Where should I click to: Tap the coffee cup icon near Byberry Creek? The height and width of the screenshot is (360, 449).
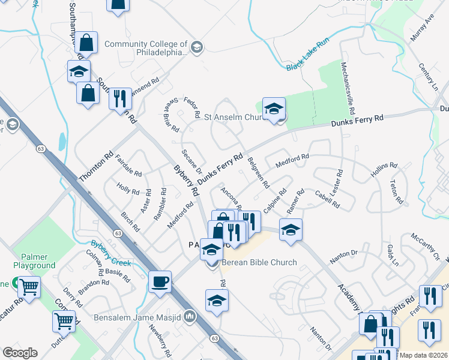160,281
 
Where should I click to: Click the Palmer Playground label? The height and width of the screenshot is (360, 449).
34,261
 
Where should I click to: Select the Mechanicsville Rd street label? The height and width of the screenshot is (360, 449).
346,88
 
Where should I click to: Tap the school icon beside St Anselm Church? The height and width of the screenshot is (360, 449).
274,109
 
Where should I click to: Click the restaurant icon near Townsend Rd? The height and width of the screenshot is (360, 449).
120,97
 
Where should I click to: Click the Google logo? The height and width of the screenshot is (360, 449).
20,353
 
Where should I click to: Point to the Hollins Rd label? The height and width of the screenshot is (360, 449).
384,170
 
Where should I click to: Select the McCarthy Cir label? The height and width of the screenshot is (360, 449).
426,247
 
